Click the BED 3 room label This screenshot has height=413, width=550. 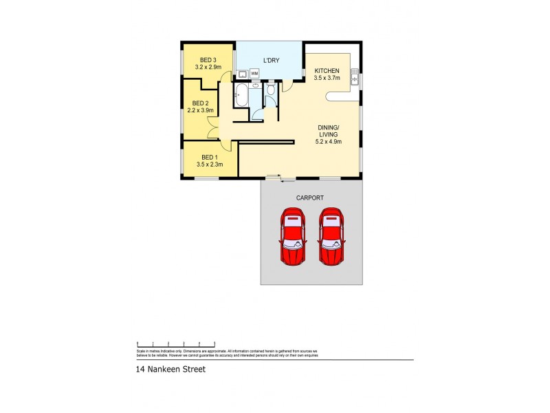[x=208, y=59]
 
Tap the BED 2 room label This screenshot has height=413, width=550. [x=201, y=103]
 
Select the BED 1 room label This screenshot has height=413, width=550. [x=208, y=158]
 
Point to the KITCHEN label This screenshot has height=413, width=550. [x=327, y=70]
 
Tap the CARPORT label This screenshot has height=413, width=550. [x=309, y=198]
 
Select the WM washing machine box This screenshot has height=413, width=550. [x=254, y=73]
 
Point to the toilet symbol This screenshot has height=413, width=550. [x=271, y=89]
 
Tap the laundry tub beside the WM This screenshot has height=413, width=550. [x=243, y=73]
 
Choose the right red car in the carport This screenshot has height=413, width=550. [x=331, y=237]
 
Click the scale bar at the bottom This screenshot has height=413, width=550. [x=177, y=343]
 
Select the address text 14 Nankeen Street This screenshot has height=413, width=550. [x=170, y=369]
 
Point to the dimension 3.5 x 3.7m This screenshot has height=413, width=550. [x=327, y=78]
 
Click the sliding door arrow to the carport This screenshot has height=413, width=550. [x=283, y=181]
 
